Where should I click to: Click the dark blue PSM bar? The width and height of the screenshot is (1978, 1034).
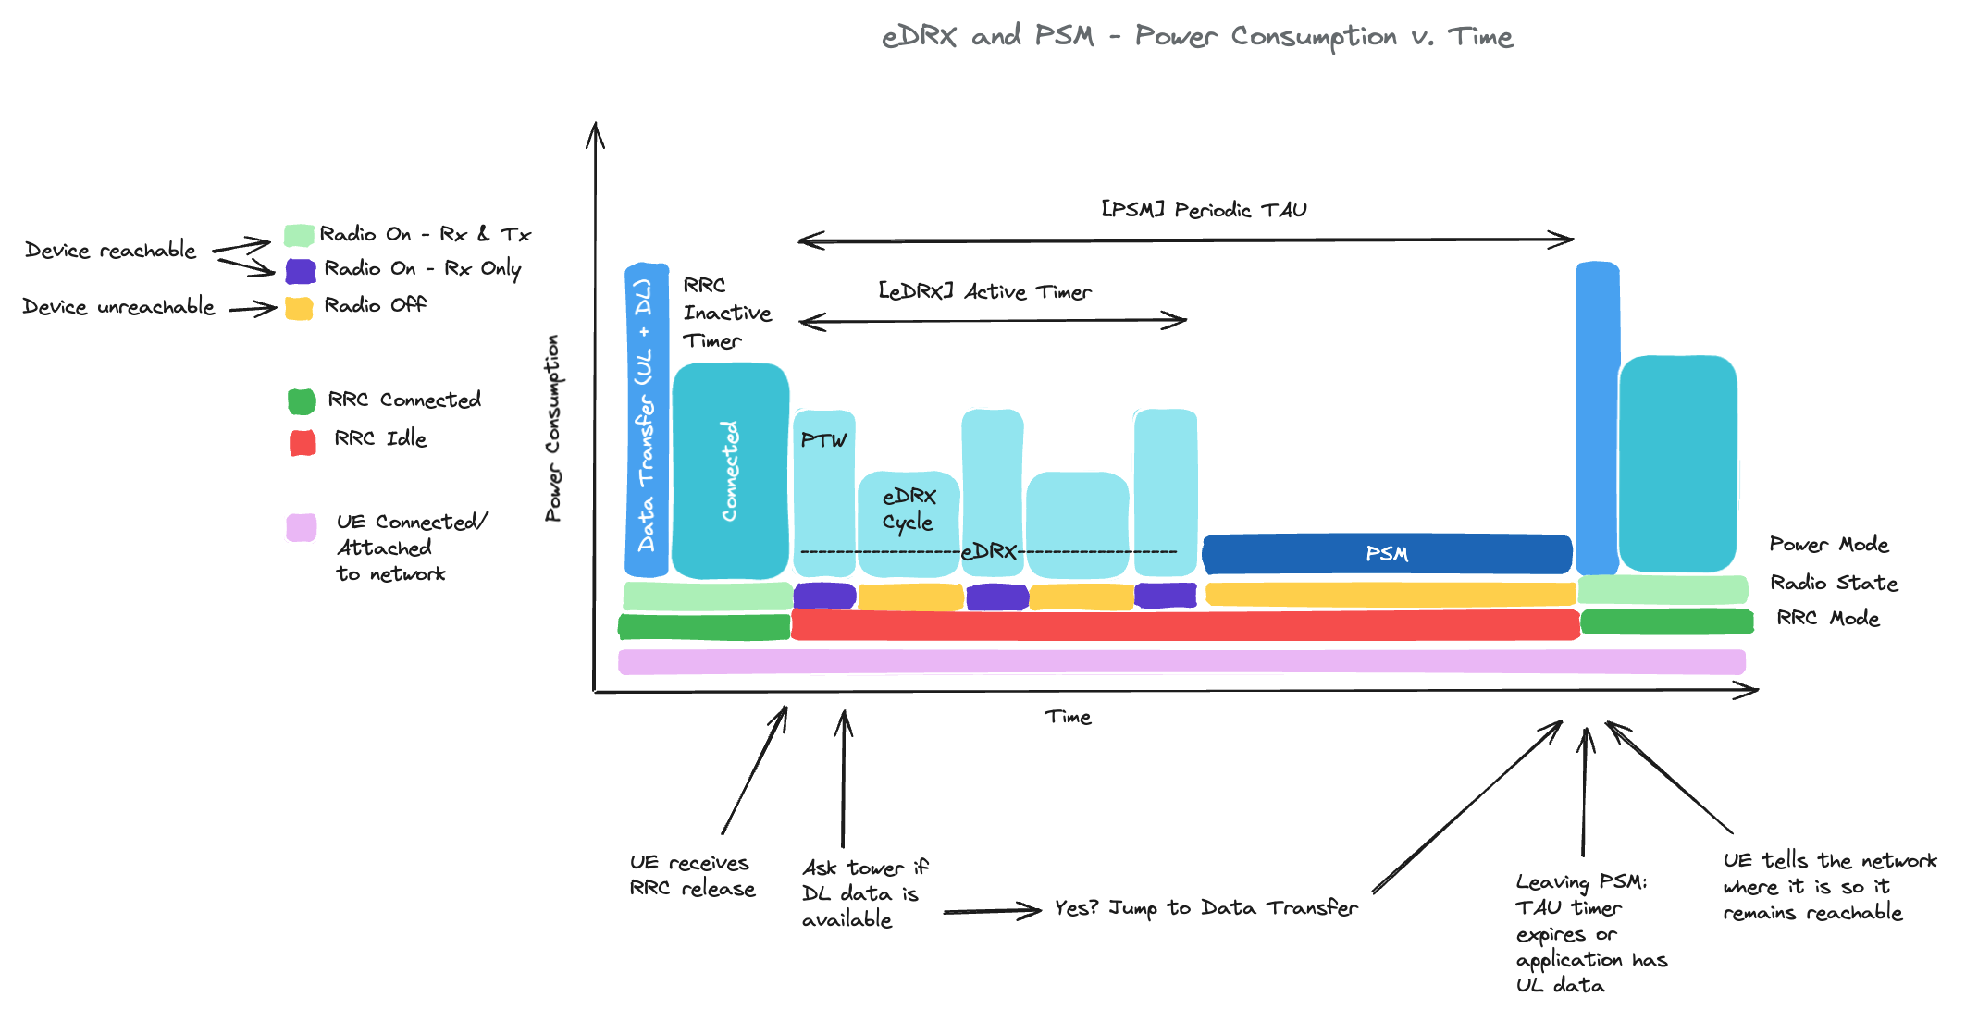1386,554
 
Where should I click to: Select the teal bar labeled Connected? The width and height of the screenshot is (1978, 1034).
730,471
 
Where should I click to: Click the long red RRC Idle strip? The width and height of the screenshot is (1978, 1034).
1184,624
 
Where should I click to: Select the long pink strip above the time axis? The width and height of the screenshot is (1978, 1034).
1181,661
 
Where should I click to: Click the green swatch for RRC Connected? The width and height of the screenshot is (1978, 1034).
302,401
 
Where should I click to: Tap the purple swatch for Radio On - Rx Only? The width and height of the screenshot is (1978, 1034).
301,271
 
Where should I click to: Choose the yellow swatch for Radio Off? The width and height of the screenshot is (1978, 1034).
299,308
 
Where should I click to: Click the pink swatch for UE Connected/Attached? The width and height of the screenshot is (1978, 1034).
301,527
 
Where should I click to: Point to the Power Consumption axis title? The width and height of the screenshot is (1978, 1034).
552,427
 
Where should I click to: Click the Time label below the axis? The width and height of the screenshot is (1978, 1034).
1068,717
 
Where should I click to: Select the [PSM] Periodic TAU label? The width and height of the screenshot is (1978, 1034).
1203,210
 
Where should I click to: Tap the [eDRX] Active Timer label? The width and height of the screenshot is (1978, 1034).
984,291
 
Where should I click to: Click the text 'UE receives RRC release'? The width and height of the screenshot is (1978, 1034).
692,875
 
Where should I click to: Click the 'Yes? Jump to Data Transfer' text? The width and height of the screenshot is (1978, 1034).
1205,907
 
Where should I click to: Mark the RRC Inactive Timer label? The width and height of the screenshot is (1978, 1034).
726,313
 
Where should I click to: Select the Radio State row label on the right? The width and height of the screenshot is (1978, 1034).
1833,583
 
